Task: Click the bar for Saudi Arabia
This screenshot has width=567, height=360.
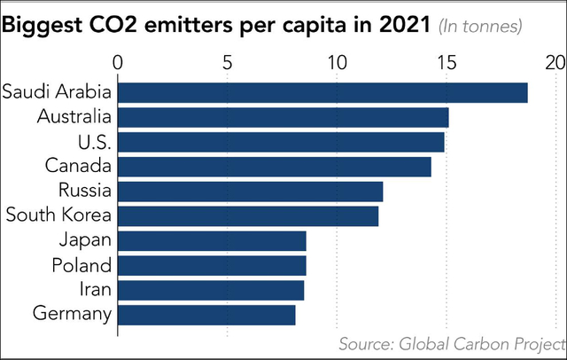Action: click(x=322, y=92)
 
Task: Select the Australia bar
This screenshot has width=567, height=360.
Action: click(x=283, y=117)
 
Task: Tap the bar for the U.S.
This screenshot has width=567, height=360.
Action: click(x=281, y=142)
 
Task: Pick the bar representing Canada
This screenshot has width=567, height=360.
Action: click(x=275, y=167)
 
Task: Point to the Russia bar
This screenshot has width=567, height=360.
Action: click(x=251, y=192)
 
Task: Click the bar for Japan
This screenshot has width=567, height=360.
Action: click(x=213, y=241)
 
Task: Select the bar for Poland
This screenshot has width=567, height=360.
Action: click(x=213, y=265)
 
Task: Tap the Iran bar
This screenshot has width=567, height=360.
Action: click(x=211, y=290)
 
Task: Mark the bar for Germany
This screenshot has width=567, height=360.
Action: click(x=206, y=315)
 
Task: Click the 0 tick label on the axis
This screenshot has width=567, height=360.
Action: click(x=119, y=64)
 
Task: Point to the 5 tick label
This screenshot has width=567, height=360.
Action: click(x=228, y=64)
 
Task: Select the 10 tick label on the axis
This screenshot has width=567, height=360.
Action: click(x=337, y=64)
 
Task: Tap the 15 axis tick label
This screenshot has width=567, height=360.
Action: click(x=446, y=64)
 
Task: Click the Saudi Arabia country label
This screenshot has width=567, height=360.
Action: click(x=57, y=92)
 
